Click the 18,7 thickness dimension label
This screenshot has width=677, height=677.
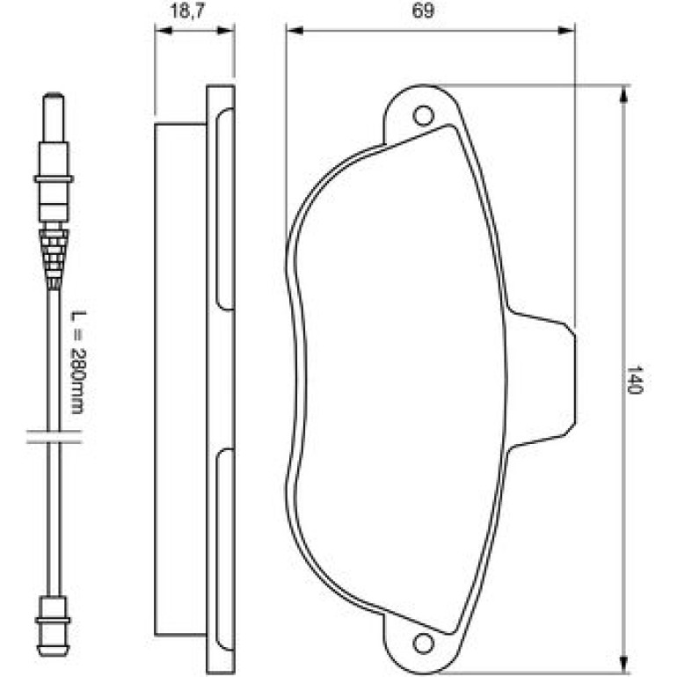point(187,11)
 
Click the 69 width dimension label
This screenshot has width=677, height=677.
point(423,11)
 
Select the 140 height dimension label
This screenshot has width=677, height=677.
point(634,380)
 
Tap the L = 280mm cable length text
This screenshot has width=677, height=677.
point(78,362)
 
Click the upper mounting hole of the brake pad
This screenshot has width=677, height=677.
point(424,116)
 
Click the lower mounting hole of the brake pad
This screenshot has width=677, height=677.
point(423,644)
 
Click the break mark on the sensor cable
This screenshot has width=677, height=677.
point(54,436)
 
